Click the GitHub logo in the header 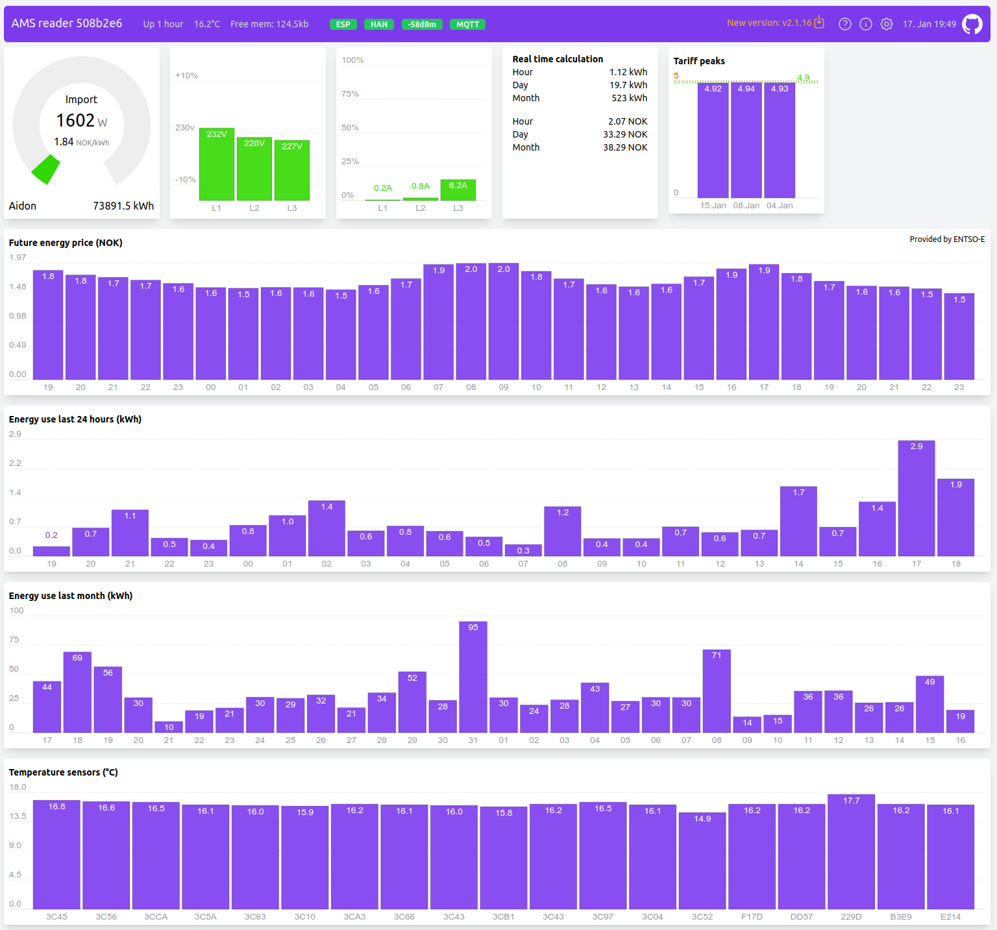(972, 24)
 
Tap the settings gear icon (887, 24)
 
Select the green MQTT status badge (467, 24)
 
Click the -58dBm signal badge (422, 24)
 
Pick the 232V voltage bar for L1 (217, 165)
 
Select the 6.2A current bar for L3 (458, 190)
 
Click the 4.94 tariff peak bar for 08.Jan (746, 140)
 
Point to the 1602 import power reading (75, 120)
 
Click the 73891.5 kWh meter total (123, 206)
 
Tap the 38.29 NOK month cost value (625, 147)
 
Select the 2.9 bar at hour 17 (917, 498)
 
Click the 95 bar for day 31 (473, 678)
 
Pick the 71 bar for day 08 (717, 691)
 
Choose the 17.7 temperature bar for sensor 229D (852, 851)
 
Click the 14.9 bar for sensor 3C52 (702, 861)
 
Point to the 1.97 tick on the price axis (18, 258)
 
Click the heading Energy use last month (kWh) (71, 596)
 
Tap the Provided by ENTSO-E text (947, 239)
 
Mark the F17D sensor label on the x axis (752, 916)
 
